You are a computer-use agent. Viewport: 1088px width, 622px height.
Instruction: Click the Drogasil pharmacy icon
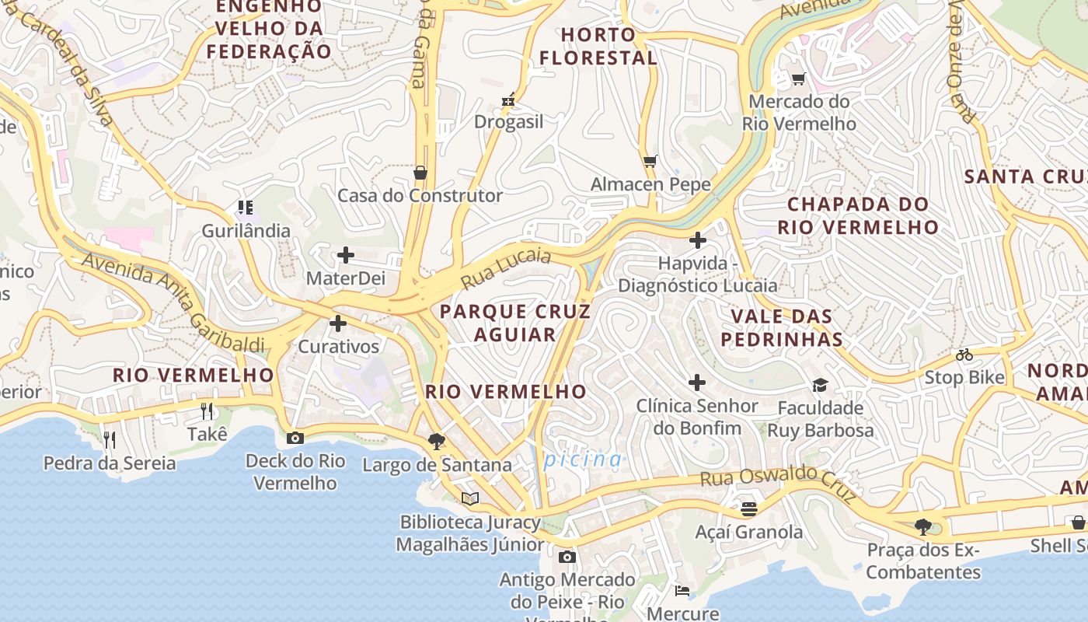508,100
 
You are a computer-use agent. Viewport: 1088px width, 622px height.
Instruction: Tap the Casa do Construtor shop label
420,195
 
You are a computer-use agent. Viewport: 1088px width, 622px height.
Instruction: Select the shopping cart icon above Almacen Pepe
650,162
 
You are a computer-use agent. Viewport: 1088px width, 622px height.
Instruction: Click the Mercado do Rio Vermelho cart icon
798,79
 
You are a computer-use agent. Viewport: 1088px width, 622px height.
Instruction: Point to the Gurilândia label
246,231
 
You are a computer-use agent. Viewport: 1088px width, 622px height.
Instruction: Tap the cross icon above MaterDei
345,255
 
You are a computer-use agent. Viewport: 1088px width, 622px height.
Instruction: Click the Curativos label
339,347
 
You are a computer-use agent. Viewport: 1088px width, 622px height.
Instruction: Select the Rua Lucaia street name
506,268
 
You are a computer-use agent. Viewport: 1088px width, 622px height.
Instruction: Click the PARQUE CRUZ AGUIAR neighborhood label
515,323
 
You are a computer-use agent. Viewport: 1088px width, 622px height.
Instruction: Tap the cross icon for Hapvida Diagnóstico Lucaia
698,240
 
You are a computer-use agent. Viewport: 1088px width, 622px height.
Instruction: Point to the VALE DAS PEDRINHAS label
782,327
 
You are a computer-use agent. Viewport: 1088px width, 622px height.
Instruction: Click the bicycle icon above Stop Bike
964,355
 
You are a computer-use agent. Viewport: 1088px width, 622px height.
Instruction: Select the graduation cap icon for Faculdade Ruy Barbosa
820,385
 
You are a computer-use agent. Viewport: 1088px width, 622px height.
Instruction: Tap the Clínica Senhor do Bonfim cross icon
697,383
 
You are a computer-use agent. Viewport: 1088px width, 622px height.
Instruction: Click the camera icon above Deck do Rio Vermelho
295,438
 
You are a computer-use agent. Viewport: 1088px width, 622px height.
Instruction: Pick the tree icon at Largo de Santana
437,442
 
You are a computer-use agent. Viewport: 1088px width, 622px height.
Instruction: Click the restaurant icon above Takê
207,411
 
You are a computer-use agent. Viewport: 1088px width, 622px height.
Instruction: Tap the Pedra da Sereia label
110,463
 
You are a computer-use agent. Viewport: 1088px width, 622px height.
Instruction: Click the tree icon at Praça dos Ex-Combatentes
923,527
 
